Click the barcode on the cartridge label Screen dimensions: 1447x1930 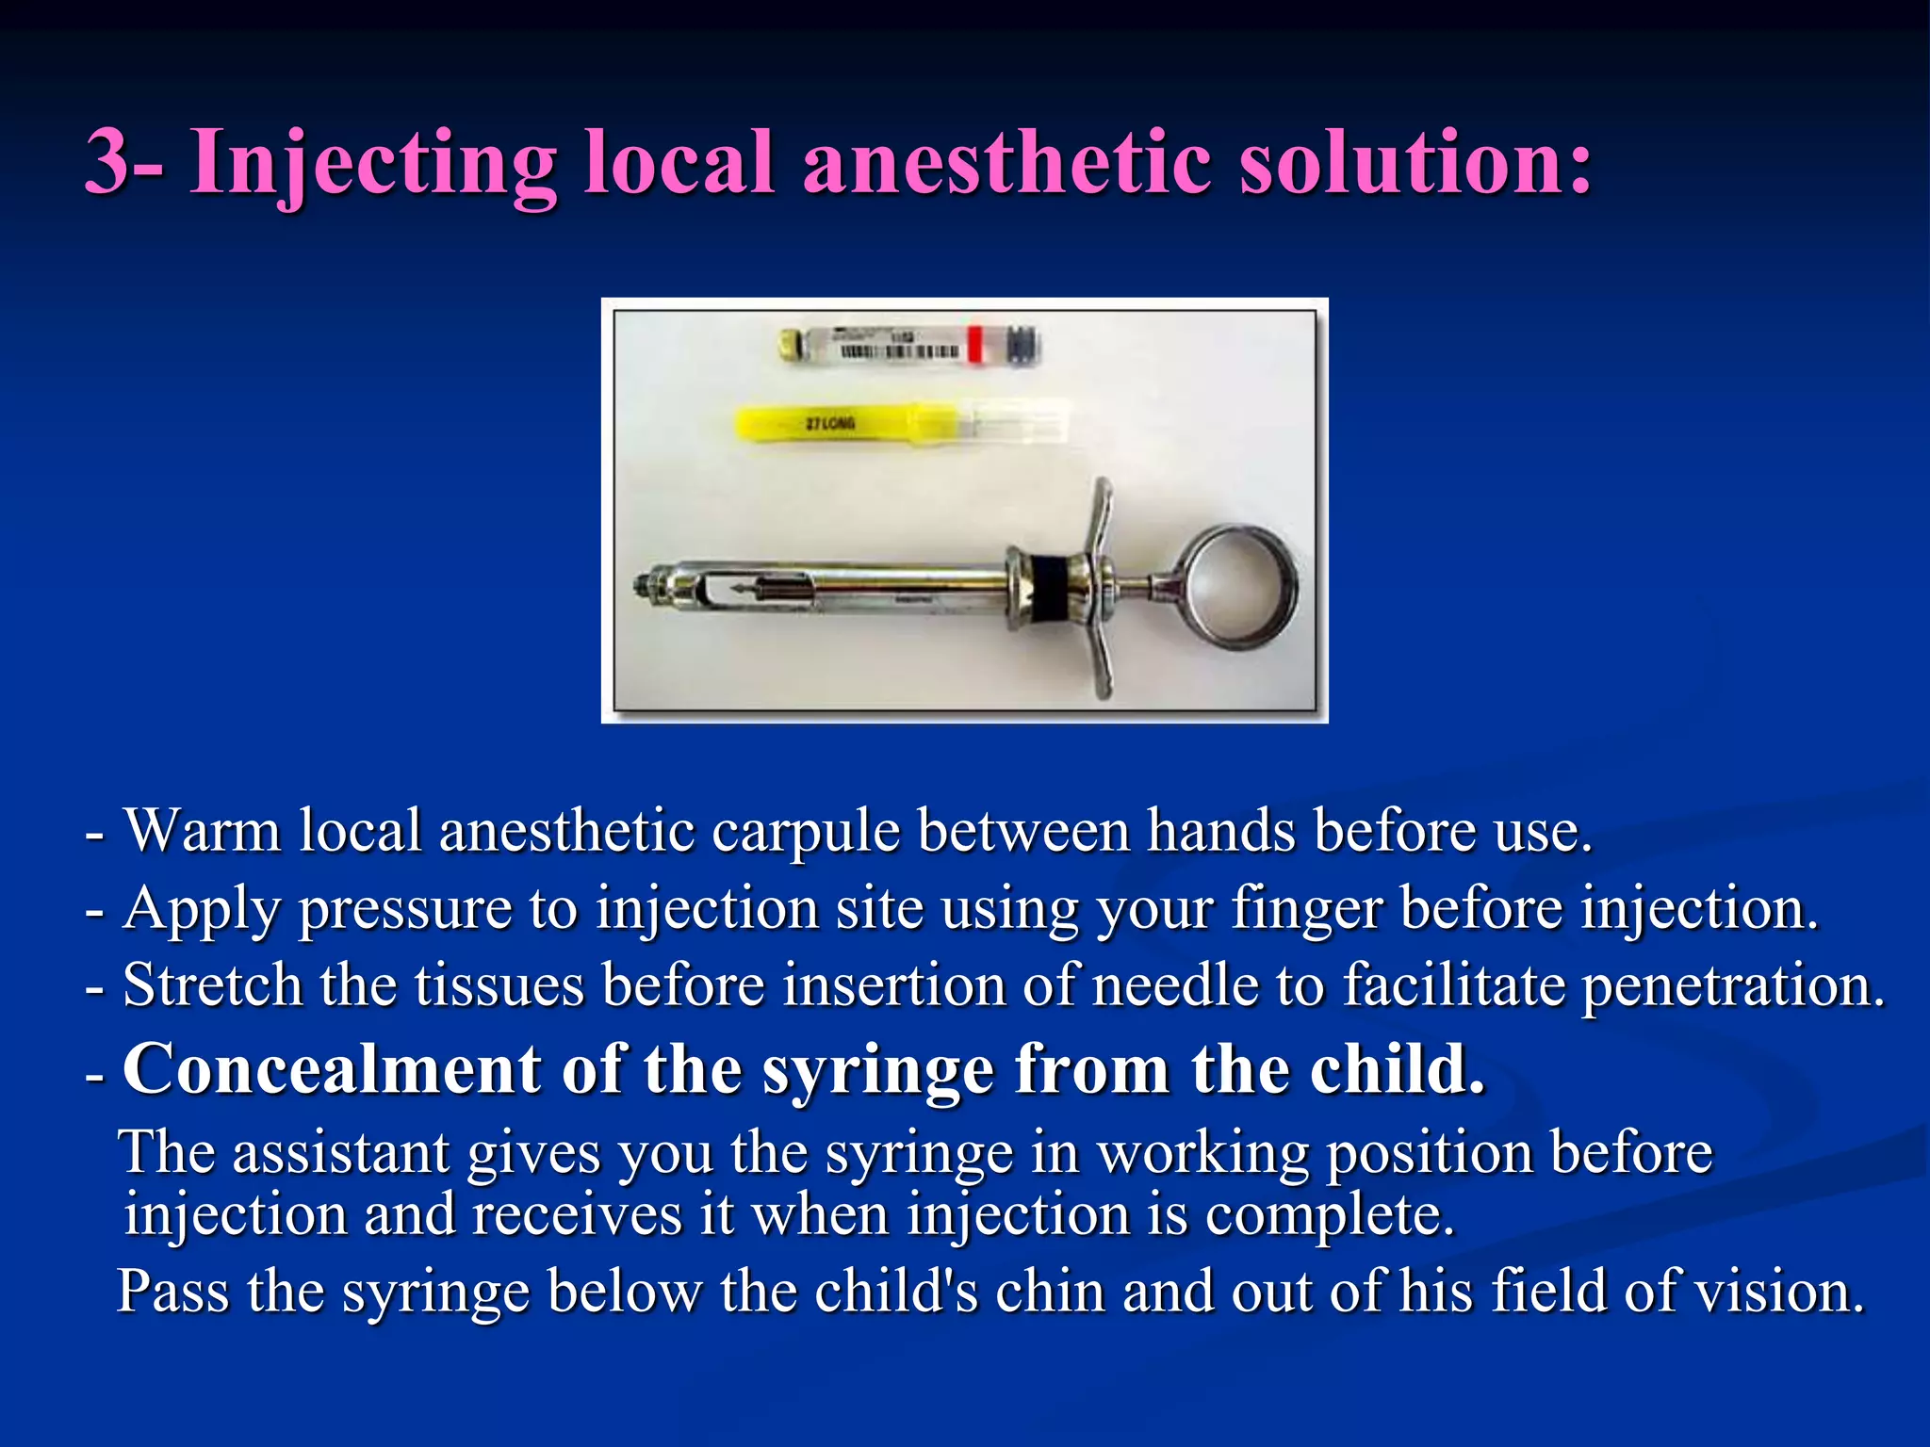(899, 352)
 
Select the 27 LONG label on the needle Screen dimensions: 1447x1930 (829, 423)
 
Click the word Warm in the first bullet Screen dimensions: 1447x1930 (203, 831)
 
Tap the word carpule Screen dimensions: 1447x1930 (804, 831)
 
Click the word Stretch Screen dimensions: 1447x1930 (212, 985)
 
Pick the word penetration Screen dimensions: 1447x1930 (1732, 985)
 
